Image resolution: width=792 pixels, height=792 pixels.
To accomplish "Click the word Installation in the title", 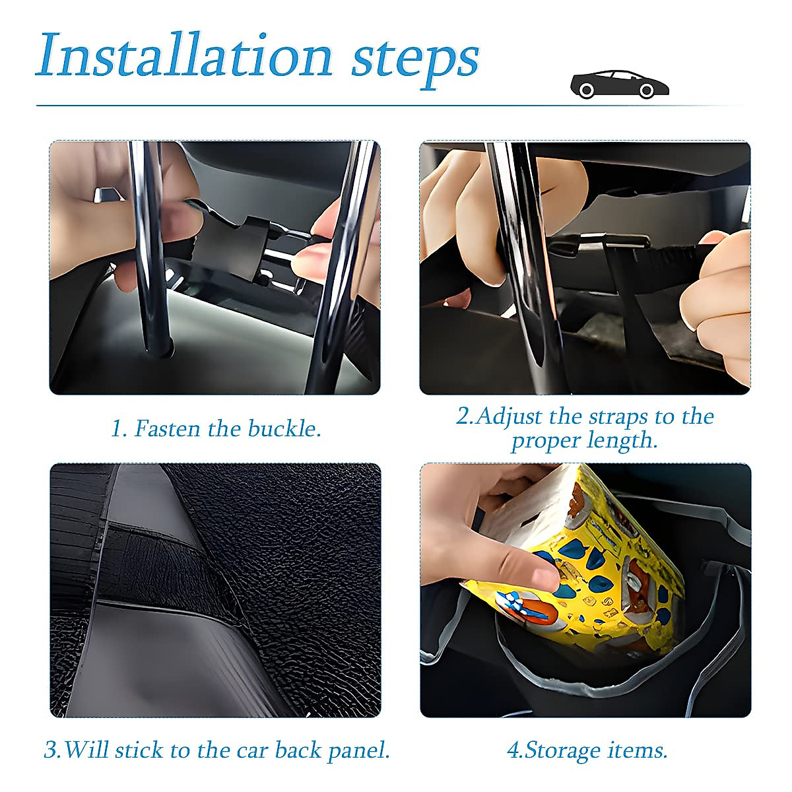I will pyautogui.click(x=185, y=55).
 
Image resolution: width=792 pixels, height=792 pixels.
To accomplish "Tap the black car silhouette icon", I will pyautogui.click(x=619, y=84).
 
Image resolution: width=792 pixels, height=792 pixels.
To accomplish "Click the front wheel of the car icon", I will pyautogui.click(x=647, y=90).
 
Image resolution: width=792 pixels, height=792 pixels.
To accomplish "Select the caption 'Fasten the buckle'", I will pyautogui.click(x=216, y=429).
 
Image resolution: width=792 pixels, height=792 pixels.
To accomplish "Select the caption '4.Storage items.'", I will pyautogui.click(x=587, y=750).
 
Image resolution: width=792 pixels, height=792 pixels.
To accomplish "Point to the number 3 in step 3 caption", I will pyautogui.click(x=50, y=750).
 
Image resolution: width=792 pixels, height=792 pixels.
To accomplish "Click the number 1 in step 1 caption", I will pyautogui.click(x=116, y=429).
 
